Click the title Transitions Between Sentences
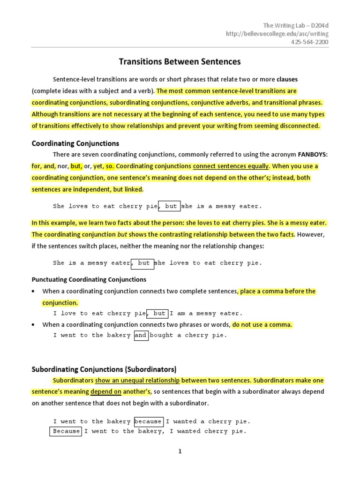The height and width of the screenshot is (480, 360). click(x=180, y=61)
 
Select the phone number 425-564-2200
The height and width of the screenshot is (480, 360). click(x=309, y=42)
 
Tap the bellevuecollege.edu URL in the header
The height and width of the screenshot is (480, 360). click(x=277, y=33)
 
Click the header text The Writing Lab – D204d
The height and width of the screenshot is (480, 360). click(x=295, y=25)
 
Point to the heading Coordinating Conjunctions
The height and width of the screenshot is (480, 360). click(x=75, y=143)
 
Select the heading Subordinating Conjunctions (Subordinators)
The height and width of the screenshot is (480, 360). click(x=104, y=369)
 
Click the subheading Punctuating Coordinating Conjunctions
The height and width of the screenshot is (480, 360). click(x=89, y=279)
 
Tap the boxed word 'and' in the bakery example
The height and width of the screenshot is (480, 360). click(x=141, y=335)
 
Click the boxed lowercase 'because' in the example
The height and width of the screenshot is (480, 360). click(x=148, y=421)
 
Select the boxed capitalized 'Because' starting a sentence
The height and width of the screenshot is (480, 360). click(x=66, y=431)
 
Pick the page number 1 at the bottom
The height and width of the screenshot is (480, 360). click(x=180, y=451)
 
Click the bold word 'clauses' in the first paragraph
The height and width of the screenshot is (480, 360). click(x=287, y=79)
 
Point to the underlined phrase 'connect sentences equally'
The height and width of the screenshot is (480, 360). click(x=231, y=166)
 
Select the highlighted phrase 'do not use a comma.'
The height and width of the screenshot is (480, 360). click(x=262, y=324)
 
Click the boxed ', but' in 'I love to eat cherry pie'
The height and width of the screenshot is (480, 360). click(x=157, y=313)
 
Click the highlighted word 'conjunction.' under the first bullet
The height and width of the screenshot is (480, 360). click(x=60, y=302)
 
